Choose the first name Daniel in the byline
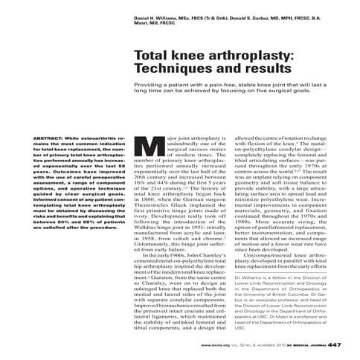point(143,16)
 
